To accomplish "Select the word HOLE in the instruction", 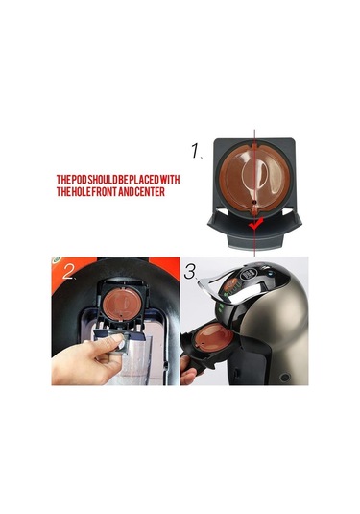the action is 81,192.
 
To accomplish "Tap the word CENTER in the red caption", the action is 152,192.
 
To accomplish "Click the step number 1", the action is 196,151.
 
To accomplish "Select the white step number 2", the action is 69,272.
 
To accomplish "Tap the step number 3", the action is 190,272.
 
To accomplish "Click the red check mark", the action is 254,224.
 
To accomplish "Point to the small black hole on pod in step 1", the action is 253,203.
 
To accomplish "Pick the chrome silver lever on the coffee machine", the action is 229,286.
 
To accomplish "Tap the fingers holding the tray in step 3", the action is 189,371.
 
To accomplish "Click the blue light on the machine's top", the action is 270,272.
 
